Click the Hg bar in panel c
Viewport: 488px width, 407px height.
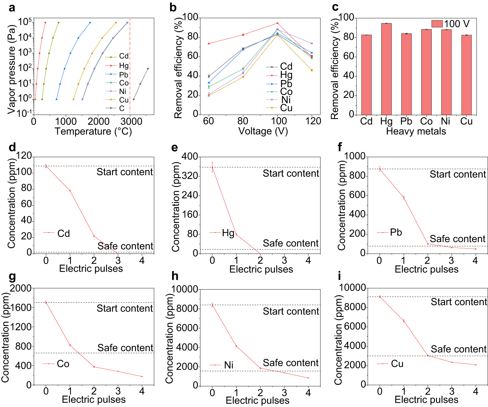[x=386, y=69]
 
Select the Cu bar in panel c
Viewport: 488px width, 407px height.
[x=466, y=75]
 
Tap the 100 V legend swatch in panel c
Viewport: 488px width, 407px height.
[x=437, y=24]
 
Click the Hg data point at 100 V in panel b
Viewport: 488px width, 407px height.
[x=278, y=23]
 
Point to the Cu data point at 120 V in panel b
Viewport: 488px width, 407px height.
[x=312, y=70]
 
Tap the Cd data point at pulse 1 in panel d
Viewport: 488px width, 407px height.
[x=70, y=191]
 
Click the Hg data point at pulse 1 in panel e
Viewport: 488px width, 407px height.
[x=236, y=234]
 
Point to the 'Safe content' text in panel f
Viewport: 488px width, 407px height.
[x=457, y=239]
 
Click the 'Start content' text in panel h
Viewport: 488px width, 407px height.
[x=291, y=311]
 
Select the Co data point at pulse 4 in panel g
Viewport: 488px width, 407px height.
[x=142, y=376]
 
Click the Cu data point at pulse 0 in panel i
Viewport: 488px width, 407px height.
[x=380, y=297]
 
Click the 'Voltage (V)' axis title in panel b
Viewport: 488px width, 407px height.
[x=263, y=131]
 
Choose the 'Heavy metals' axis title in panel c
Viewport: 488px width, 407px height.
[x=416, y=131]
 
